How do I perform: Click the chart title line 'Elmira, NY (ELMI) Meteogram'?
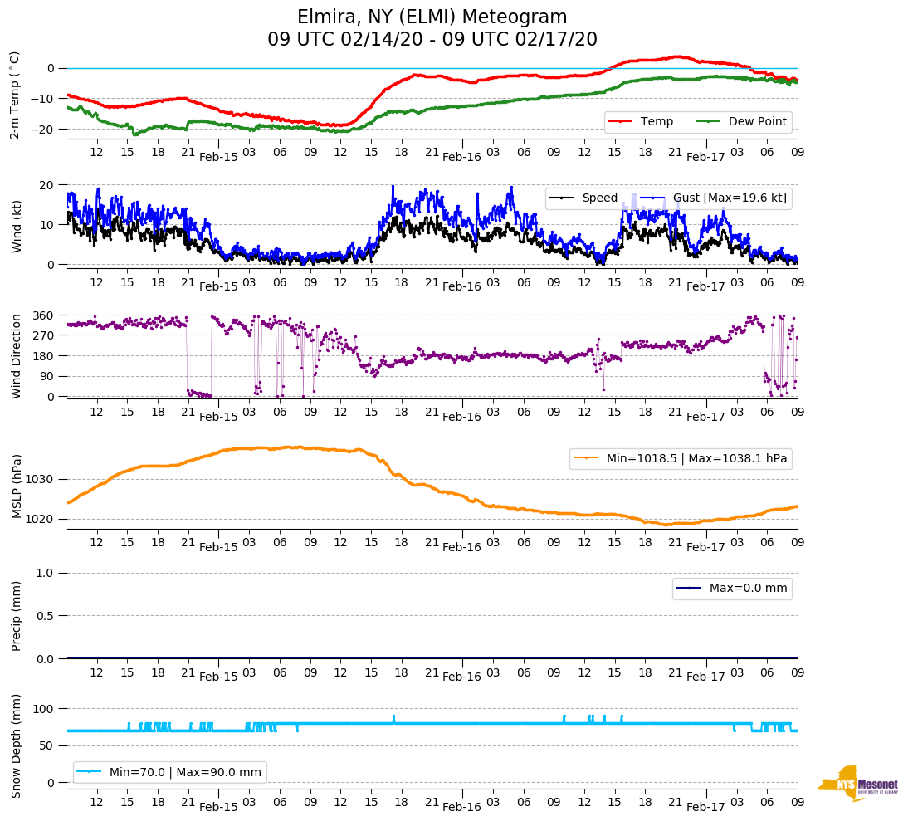[432, 17]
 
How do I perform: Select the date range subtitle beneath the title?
[432, 40]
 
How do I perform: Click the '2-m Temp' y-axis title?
[14, 94]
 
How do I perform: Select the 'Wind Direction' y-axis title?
[17, 356]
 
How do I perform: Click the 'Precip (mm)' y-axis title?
[17, 615]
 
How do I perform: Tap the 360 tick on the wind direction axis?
[45, 315]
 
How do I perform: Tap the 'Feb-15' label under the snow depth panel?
[218, 807]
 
